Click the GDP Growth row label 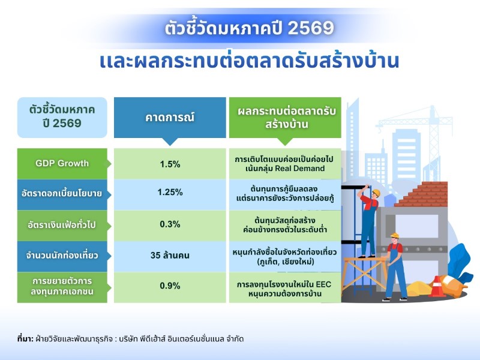tap(62, 163)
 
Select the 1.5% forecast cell tap(170, 164)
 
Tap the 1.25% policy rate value tap(170, 192)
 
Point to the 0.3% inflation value tap(170, 224)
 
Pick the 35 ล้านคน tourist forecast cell tap(170, 256)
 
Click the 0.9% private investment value tap(170, 286)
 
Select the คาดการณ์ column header tap(170, 118)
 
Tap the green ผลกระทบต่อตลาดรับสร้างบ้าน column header tap(285, 118)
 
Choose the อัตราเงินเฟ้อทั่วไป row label tap(62, 226)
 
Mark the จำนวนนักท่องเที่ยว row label tap(62, 256)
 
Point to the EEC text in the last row tap(323, 284)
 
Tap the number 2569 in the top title tap(311, 28)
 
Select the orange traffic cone tap(437, 287)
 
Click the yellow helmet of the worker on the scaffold tap(376, 193)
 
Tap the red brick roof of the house tap(422, 194)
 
